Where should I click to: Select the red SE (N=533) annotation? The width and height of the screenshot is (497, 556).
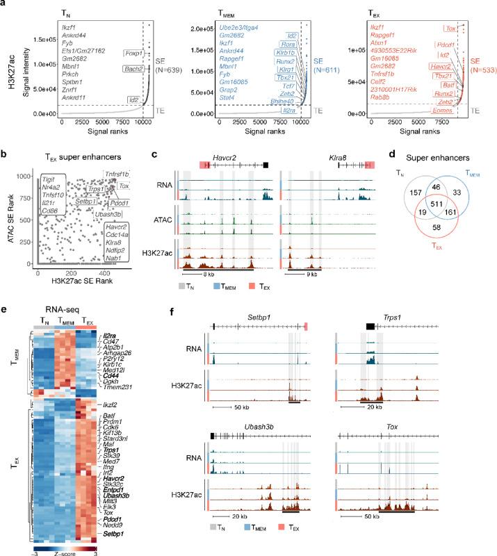click(477, 66)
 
